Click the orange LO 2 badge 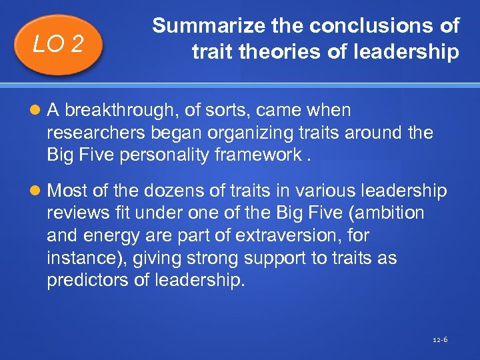coord(59,44)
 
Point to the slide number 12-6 coord(440,340)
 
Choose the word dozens coord(164,191)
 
